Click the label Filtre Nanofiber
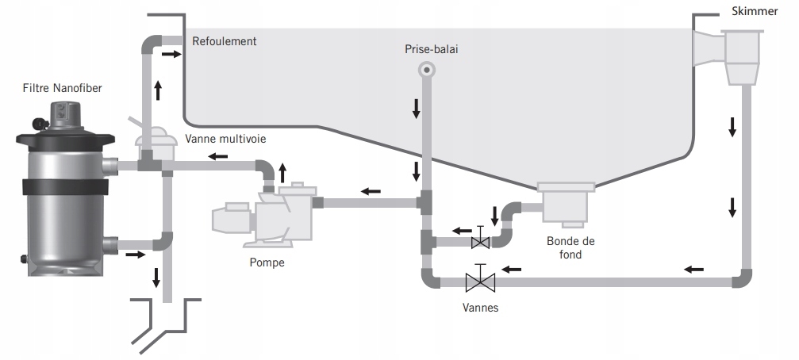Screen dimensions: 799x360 pyautogui.click(x=62, y=88)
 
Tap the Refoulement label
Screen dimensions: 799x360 pyautogui.click(x=225, y=41)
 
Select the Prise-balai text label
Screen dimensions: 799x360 pyautogui.click(x=432, y=49)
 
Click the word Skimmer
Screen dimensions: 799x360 pyautogui.click(x=755, y=11)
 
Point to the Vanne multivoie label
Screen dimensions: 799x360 pyautogui.click(x=225, y=139)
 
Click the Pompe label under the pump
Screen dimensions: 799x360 pyautogui.click(x=267, y=262)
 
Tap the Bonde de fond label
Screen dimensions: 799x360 pyautogui.click(x=570, y=247)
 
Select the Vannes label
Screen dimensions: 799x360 pyautogui.click(x=481, y=308)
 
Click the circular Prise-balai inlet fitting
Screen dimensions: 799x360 pyautogui.click(x=427, y=69)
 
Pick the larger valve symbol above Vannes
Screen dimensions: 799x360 pyautogui.click(x=480, y=279)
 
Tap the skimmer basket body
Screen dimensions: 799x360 pyautogui.click(x=742, y=56)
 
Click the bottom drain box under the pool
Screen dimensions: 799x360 pyautogui.click(x=566, y=203)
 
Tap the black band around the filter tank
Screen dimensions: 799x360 pyautogui.click(x=64, y=187)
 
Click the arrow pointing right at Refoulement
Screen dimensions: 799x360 pyautogui.click(x=171, y=53)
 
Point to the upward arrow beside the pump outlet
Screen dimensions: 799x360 pyautogui.click(x=282, y=174)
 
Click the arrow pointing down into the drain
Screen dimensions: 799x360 pyautogui.click(x=156, y=278)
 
